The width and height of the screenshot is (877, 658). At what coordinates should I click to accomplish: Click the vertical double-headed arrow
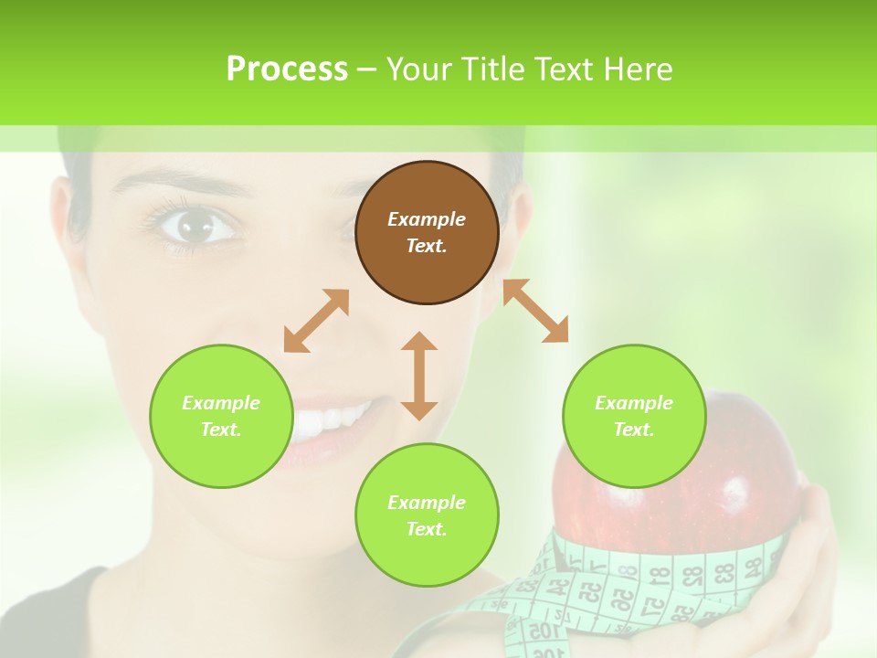419,376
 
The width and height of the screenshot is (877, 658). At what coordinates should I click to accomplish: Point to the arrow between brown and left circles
316,321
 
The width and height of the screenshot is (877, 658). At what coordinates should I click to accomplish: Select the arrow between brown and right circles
535,311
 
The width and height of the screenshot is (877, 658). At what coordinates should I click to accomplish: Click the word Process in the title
287,69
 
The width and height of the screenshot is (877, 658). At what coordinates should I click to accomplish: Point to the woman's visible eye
193,225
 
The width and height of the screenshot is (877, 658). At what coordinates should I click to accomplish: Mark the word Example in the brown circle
427,219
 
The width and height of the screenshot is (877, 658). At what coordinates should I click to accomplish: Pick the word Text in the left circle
221,430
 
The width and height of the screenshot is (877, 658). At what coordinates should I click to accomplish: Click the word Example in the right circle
634,403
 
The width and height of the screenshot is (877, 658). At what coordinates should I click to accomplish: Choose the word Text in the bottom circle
427,529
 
